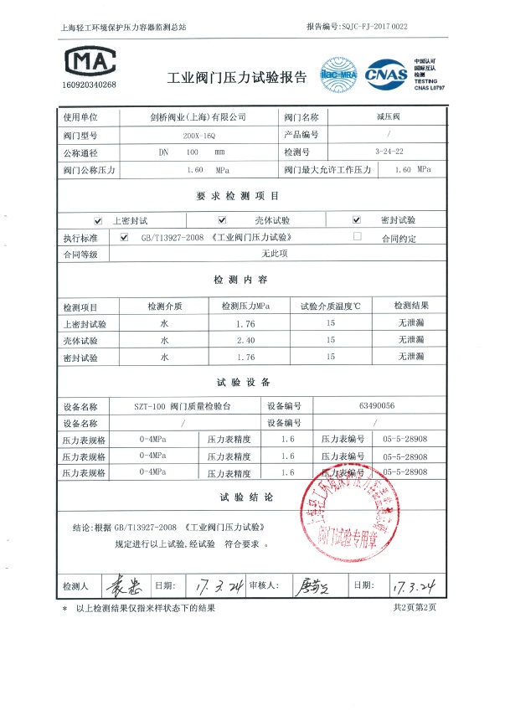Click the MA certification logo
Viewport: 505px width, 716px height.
[x=89, y=59]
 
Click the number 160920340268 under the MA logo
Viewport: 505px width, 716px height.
[x=89, y=85]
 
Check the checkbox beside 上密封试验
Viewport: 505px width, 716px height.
[x=98, y=220]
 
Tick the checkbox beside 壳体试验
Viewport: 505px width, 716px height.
[x=222, y=220]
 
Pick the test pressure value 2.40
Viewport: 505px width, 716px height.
[x=245, y=340]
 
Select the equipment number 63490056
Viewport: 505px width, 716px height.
[x=376, y=406]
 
